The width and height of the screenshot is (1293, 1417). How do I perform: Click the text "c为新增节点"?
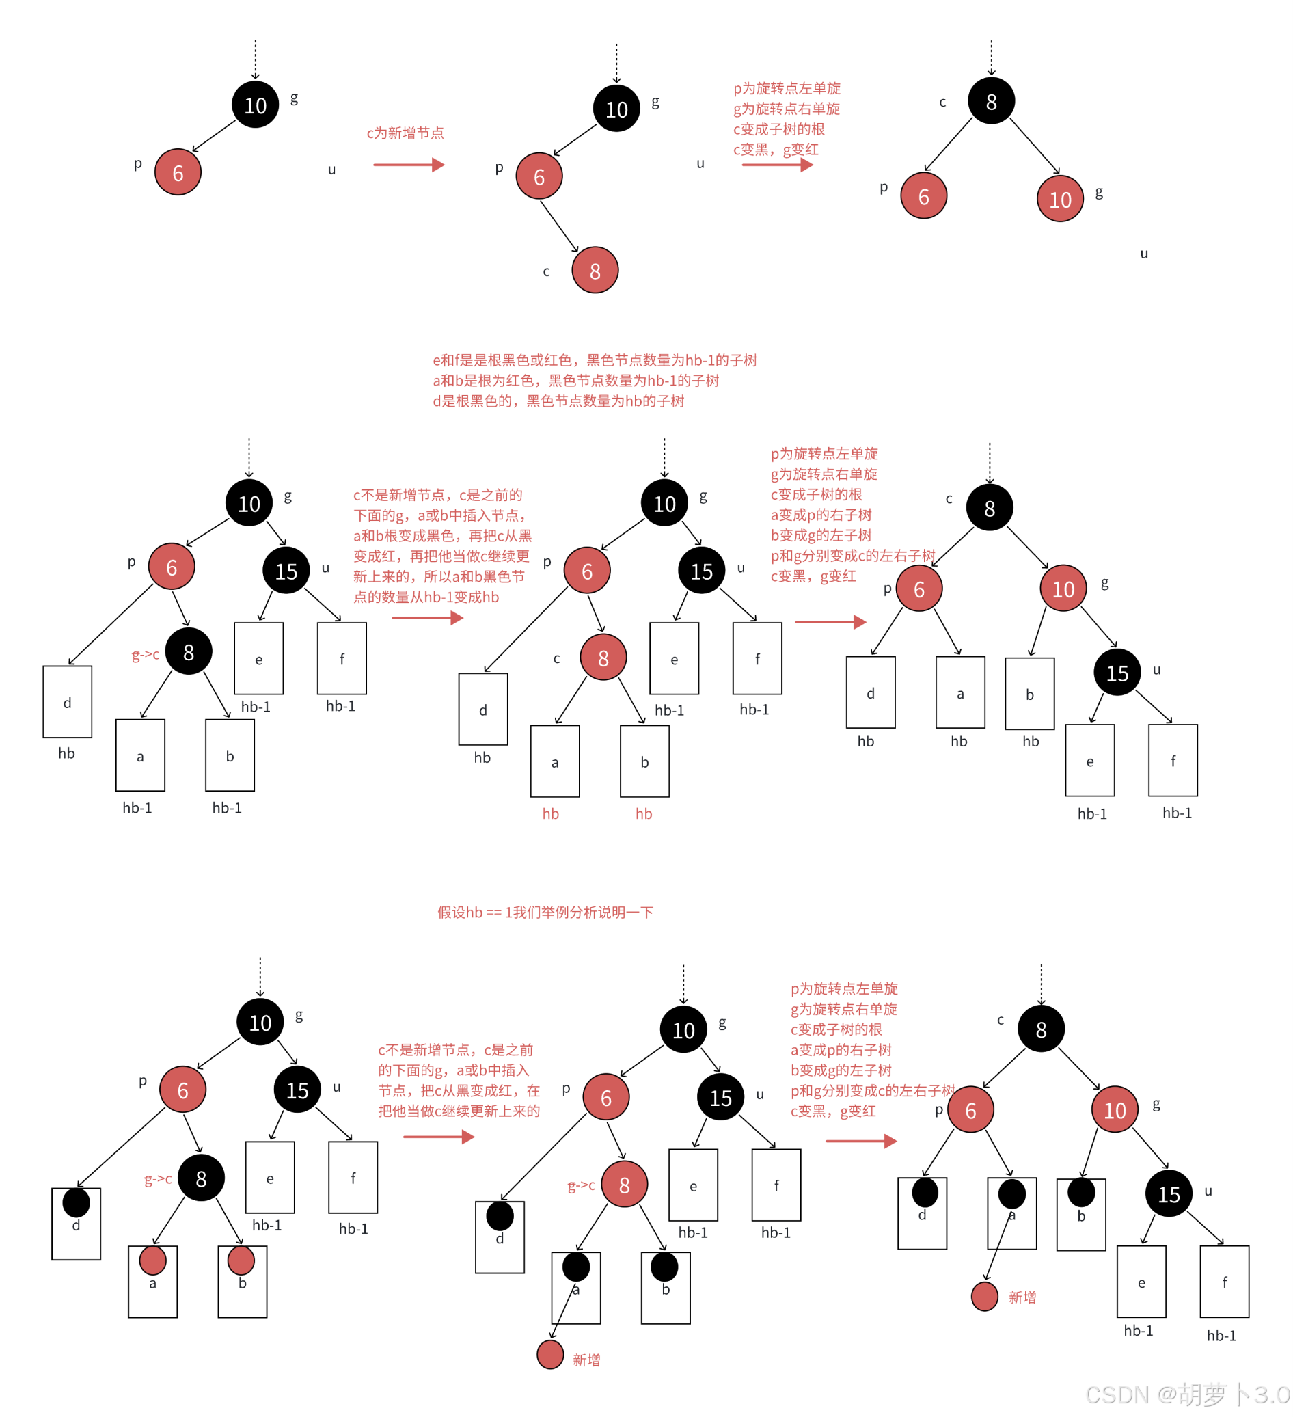click(x=405, y=133)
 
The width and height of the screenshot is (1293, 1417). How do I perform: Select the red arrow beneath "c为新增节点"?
click(x=408, y=165)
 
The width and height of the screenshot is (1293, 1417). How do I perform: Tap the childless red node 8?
click(x=595, y=270)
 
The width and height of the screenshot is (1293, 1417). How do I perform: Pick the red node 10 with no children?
click(x=1060, y=199)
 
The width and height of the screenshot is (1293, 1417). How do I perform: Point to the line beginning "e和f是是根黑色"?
click(x=595, y=360)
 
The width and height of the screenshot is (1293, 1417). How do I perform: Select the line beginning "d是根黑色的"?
click(x=558, y=401)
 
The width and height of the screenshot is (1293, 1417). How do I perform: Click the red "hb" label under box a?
click(x=550, y=813)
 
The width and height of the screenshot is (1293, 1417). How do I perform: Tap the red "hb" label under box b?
click(x=644, y=813)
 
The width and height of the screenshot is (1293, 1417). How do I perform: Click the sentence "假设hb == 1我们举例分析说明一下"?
click(x=545, y=912)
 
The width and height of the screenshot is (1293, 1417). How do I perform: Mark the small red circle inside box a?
click(x=152, y=1260)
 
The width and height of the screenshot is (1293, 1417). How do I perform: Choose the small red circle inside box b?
click(x=241, y=1260)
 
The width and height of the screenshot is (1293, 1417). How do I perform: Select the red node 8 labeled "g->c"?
click(x=624, y=1185)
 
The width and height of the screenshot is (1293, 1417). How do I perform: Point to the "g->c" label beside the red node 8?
click(x=581, y=1186)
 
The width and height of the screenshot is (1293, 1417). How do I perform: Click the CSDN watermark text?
click(x=1187, y=1394)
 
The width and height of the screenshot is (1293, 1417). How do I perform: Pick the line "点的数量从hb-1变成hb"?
click(x=426, y=597)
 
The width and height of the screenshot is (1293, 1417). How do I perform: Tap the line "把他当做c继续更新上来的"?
click(x=459, y=1111)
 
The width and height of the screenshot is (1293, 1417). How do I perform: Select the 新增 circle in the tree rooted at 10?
click(x=550, y=1354)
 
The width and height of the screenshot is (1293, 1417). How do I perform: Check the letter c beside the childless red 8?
click(x=546, y=271)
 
